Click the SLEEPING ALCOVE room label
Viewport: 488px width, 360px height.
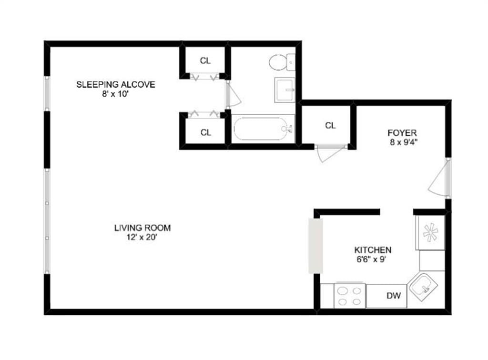click(x=115, y=85)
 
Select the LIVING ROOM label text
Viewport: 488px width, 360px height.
click(x=142, y=228)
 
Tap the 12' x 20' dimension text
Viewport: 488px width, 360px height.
click(x=142, y=237)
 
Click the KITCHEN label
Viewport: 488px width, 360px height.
click(x=373, y=250)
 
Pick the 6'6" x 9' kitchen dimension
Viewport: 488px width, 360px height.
click(x=373, y=260)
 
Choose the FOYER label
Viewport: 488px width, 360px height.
click(x=402, y=133)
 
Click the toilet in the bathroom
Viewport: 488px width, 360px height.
click(x=281, y=62)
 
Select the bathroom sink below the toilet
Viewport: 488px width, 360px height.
click(x=285, y=90)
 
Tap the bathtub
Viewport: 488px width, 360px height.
click(x=263, y=128)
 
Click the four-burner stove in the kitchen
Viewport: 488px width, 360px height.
click(x=349, y=296)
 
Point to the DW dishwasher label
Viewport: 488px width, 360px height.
click(x=394, y=296)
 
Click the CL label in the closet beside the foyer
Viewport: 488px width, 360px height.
click(x=330, y=126)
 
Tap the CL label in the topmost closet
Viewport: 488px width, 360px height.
click(x=205, y=60)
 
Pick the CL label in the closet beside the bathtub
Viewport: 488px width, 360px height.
click(x=205, y=132)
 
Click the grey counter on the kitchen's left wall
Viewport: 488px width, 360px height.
click(x=315, y=246)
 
